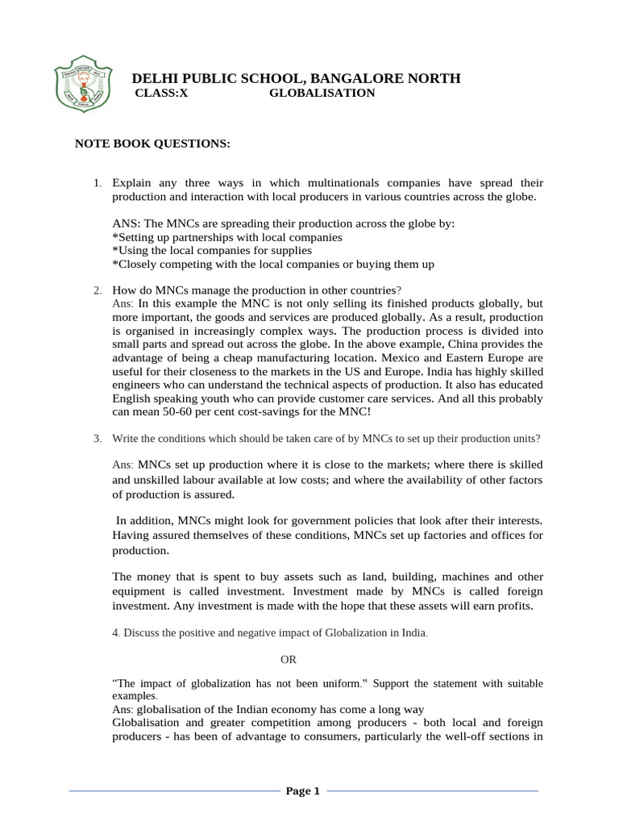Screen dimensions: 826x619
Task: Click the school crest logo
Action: (x=83, y=86)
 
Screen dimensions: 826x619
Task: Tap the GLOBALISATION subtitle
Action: (x=322, y=94)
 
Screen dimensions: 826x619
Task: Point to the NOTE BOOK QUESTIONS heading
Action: (x=152, y=144)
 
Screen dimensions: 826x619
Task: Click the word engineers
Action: (x=138, y=385)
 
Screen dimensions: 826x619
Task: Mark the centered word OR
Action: (x=289, y=659)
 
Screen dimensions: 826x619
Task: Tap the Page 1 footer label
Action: (x=303, y=791)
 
